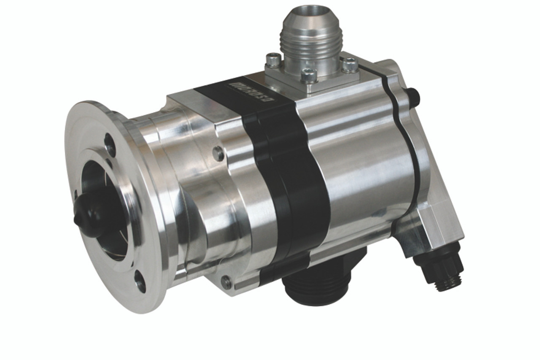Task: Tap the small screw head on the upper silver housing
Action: pyautogui.click(x=218, y=154)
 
